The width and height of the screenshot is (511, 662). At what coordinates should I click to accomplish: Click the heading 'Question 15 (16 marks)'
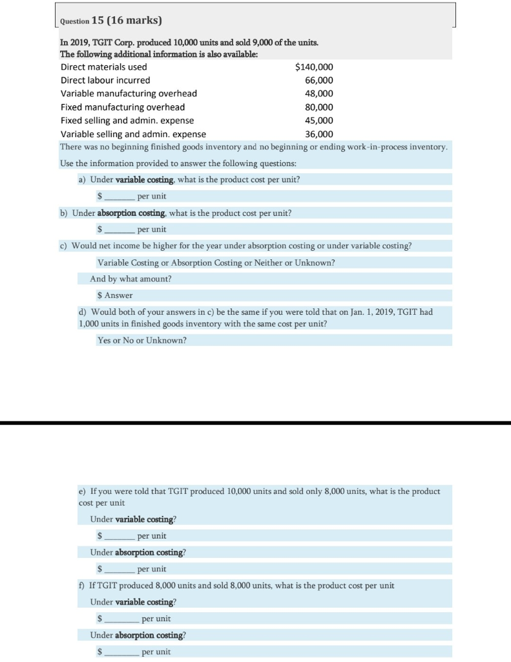pos(110,21)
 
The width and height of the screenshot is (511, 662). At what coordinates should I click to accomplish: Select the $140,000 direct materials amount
pos(314,67)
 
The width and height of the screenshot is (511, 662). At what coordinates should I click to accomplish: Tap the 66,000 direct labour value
pos(319,80)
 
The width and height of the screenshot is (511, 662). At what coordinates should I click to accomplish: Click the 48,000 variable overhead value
pos(319,94)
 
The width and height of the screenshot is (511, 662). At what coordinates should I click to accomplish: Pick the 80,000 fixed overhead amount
pos(319,107)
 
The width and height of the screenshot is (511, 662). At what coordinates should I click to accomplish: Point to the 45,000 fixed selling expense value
pos(319,121)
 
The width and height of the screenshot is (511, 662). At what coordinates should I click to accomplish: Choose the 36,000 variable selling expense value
pos(319,134)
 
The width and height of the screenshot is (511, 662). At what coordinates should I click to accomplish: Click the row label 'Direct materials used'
pos(103,67)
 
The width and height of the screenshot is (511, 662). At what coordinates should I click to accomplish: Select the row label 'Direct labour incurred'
pos(105,80)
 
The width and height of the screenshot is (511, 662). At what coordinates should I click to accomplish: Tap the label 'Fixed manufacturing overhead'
pos(123,107)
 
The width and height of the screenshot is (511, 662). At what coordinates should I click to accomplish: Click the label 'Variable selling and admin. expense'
pos(133,134)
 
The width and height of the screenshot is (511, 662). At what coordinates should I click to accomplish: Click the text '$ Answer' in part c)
pos(114,295)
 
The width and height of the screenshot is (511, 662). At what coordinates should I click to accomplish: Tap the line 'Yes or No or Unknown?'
pos(141,340)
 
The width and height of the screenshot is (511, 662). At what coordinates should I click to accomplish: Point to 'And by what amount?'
pos(130,279)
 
